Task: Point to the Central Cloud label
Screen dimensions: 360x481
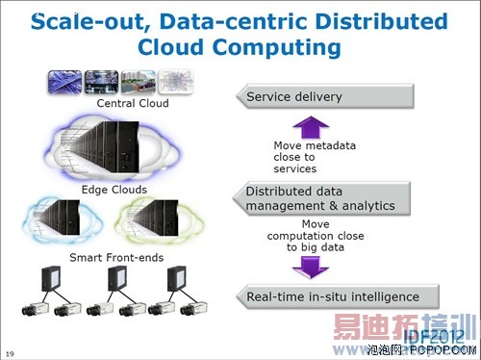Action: click(x=133, y=103)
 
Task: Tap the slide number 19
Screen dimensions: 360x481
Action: click(x=11, y=351)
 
